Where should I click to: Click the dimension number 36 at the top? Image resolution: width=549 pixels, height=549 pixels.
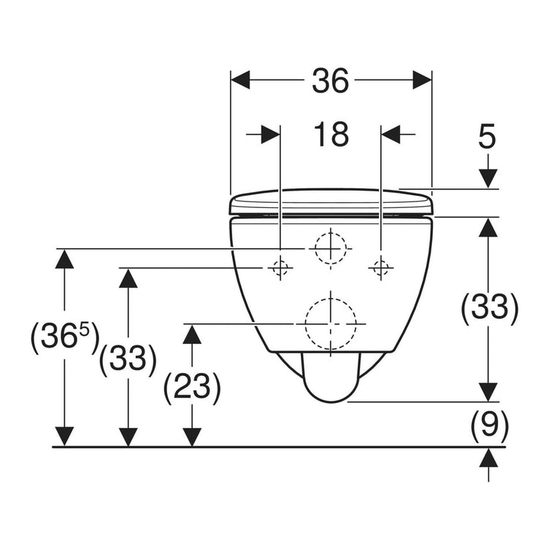[330, 82]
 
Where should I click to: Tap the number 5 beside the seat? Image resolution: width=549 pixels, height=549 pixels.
[488, 136]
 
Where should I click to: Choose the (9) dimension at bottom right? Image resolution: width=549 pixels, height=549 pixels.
[488, 423]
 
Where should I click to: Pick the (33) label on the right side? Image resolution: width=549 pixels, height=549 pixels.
[489, 308]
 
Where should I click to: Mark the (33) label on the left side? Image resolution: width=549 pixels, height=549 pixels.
[128, 359]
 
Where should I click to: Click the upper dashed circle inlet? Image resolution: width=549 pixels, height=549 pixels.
[331, 248]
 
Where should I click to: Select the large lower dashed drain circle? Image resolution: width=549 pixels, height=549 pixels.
[331, 323]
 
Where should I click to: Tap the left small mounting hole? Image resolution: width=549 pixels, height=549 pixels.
[280, 269]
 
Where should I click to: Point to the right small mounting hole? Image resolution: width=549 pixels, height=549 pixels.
[380, 269]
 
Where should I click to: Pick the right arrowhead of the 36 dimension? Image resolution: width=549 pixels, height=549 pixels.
[422, 80]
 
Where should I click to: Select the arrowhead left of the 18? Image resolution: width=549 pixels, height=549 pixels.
[270, 134]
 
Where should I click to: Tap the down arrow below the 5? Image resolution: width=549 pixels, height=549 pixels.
[488, 179]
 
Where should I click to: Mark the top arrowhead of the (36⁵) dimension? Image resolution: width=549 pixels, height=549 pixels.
[65, 258]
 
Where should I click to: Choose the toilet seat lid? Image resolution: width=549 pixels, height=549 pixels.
[332, 201]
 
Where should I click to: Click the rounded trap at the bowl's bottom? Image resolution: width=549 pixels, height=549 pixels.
[331, 380]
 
